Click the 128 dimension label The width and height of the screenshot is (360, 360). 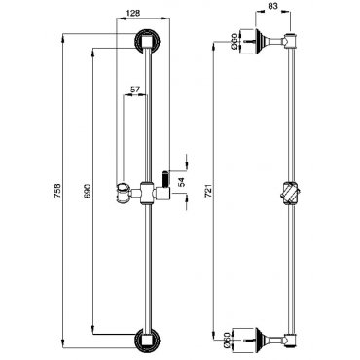pos(133,13)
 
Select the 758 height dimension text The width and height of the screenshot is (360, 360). pos(58,192)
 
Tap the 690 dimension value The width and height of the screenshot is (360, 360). pos(88,192)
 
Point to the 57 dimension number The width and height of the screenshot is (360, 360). pos(134,89)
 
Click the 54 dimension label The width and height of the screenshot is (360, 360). pos(181,183)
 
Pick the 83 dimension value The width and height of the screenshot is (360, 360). pos(272,6)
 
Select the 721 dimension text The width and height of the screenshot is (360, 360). pos(208,191)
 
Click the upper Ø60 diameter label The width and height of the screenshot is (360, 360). pos(235,42)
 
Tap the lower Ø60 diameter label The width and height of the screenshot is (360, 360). pos(235,340)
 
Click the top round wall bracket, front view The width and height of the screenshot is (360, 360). pos(147,41)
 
